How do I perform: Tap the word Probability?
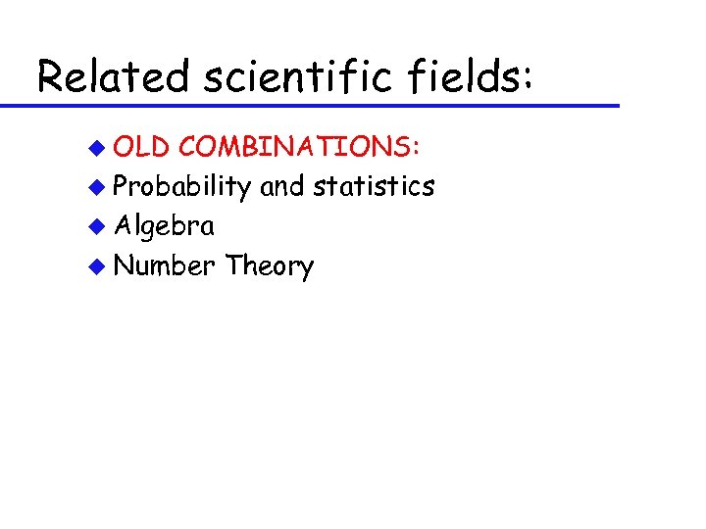pos(183,187)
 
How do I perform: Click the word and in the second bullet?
pos(282,186)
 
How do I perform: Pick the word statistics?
pos(373,186)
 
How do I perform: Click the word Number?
pos(165,265)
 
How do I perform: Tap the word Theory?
pos(270,266)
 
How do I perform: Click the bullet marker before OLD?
pos(96,148)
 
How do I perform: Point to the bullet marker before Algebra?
pos(96,226)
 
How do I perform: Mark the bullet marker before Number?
pos(96,265)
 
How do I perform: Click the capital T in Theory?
pos(233,264)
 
